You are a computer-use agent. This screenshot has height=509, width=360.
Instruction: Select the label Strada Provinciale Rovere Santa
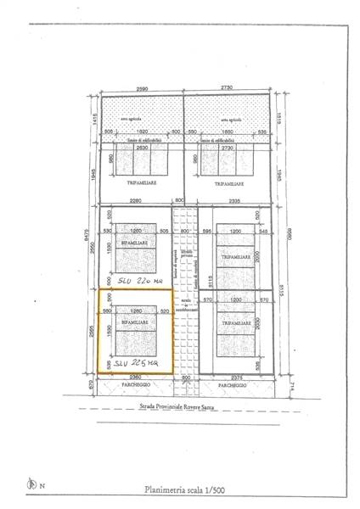pyautogui.click(x=179, y=408)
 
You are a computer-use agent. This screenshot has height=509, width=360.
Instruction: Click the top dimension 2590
pyautogui.click(x=142, y=88)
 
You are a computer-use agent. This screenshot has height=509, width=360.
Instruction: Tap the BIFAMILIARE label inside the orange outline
pyautogui.click(x=134, y=323)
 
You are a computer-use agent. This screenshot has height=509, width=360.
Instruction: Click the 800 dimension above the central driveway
pyautogui.click(x=179, y=200)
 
